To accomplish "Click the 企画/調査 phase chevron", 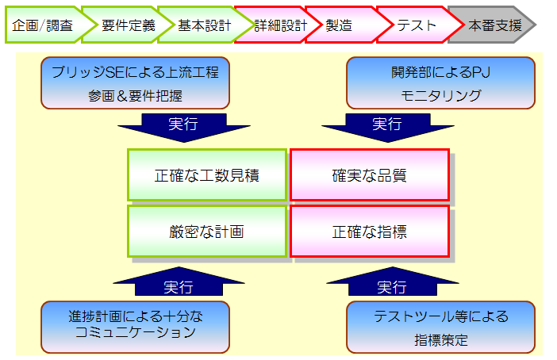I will (42, 25).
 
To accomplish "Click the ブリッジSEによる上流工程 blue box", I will (135, 82).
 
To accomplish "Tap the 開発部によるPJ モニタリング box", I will (440, 82).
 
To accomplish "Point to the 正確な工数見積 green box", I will (206, 175).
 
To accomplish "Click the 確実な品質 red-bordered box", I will (369, 175).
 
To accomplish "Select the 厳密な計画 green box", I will (206, 232).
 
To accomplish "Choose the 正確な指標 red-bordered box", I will (369, 232).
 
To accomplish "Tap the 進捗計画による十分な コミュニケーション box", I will (135, 326).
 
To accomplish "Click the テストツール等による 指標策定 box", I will (440, 326).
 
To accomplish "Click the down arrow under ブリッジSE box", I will (183, 126).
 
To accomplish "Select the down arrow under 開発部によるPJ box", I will (386, 126).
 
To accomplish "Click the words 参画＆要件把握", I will (135, 96).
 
